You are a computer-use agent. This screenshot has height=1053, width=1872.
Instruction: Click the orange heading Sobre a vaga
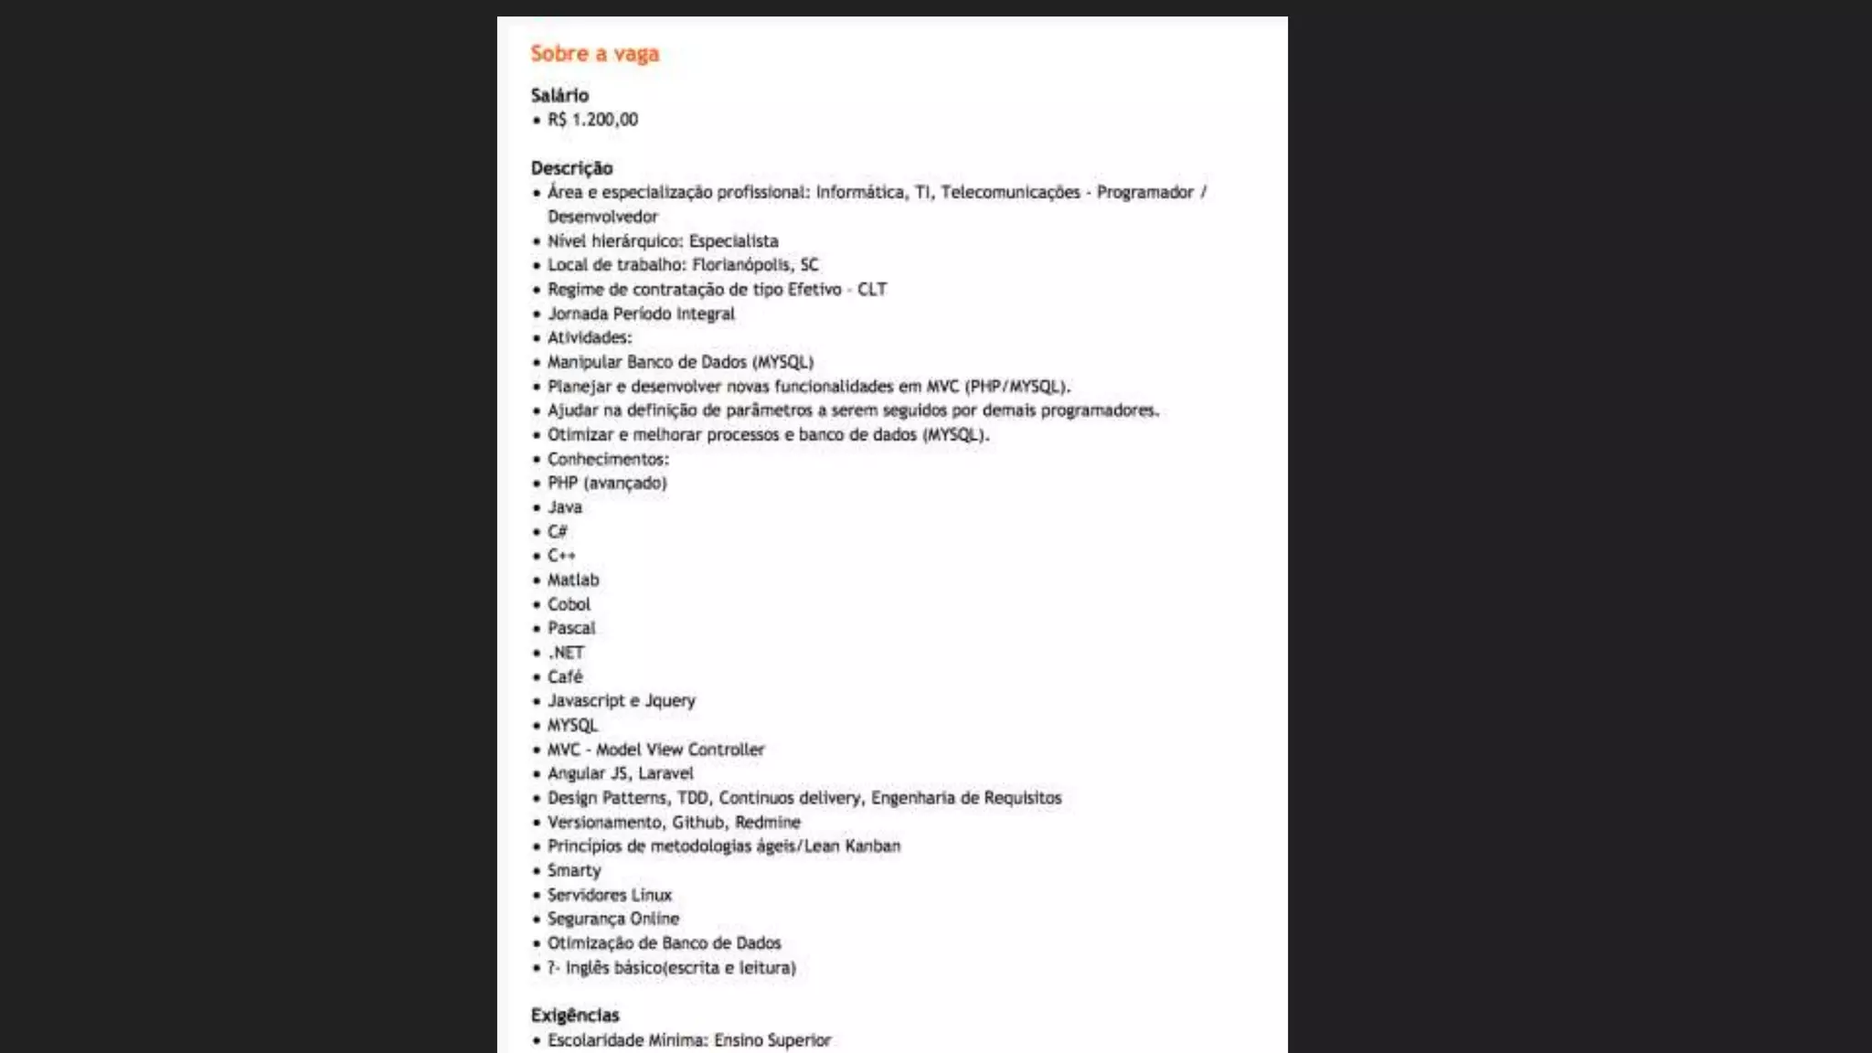tap(594, 54)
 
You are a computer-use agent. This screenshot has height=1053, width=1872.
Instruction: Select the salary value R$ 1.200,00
tap(592, 120)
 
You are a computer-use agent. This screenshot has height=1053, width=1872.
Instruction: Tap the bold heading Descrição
tap(571, 168)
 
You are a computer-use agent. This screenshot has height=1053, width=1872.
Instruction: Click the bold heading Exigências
tap(574, 1015)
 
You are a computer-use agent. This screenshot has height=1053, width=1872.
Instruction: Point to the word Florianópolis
tap(741, 265)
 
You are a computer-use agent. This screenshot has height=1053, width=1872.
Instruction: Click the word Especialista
tap(733, 241)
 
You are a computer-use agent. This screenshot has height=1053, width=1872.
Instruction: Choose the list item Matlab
tap(573, 580)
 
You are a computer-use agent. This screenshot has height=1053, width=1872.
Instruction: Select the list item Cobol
tap(569, 604)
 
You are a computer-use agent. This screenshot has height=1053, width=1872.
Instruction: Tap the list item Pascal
tap(570, 629)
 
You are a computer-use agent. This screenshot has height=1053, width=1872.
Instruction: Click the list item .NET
tap(566, 653)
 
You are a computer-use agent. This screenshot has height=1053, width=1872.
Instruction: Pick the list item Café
tap(565, 677)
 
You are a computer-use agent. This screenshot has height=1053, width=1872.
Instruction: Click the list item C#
tap(558, 532)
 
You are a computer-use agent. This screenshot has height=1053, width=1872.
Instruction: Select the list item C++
tap(561, 556)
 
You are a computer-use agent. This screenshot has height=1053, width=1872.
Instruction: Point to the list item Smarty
tap(574, 871)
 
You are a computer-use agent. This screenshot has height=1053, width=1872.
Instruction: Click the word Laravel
tap(665, 773)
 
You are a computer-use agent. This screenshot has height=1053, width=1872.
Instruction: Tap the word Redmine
tap(767, 823)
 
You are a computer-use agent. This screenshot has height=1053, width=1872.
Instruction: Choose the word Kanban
tap(872, 846)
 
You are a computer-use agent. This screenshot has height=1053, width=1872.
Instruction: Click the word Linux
tap(652, 895)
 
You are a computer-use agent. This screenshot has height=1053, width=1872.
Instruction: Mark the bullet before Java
tap(537, 508)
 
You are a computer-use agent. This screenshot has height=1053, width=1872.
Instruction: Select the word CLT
tap(872, 290)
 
